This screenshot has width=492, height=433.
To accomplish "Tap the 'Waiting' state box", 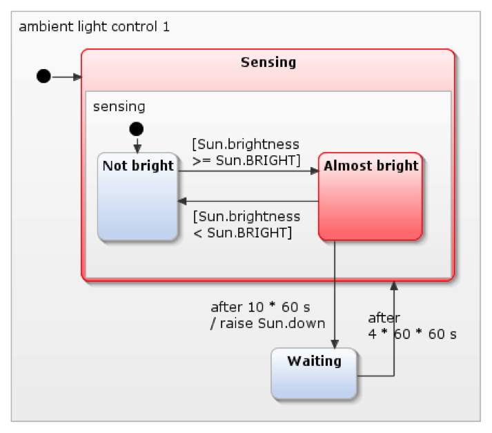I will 314,374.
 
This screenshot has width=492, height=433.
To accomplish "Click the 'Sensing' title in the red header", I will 268,63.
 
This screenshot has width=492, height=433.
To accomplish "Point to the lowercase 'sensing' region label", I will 119,106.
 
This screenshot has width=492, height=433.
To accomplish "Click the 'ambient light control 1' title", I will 94,28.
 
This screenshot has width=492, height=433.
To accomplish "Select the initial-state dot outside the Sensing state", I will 43,76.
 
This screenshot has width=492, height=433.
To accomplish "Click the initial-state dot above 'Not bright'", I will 137,128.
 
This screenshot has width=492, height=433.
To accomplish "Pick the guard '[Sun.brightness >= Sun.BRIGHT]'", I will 246,152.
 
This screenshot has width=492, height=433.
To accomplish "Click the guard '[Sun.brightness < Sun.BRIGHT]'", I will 246,224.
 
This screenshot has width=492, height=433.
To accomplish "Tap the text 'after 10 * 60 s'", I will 261,307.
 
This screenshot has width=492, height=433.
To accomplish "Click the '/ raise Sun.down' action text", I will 267,323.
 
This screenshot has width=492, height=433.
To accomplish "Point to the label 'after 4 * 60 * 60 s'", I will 412,326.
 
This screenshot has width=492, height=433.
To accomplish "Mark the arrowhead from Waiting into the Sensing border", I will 394,286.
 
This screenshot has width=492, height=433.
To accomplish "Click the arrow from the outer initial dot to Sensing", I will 66,77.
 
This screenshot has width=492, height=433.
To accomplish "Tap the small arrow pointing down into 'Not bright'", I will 137,146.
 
